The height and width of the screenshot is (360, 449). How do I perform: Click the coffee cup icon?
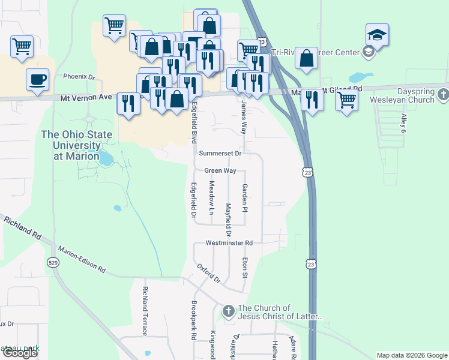(37, 80)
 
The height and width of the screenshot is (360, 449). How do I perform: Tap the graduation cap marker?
(377, 35)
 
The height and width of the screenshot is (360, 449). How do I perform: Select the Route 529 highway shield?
(53, 262)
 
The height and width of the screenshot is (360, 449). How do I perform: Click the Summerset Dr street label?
(220, 154)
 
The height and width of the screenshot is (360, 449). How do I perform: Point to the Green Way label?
(220, 171)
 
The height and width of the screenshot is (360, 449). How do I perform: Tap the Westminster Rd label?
(229, 243)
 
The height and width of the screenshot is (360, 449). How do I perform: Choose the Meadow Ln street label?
(211, 199)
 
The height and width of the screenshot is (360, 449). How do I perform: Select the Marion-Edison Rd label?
(82, 259)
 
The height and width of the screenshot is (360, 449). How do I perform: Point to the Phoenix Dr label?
(79, 77)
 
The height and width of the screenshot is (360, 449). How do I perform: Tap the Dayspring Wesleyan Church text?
(402, 95)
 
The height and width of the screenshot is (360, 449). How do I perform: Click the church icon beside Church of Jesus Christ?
(228, 311)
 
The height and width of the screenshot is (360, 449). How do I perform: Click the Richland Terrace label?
(145, 311)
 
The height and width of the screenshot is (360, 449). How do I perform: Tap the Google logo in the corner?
(20, 353)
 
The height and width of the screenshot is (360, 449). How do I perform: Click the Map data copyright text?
(412, 355)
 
